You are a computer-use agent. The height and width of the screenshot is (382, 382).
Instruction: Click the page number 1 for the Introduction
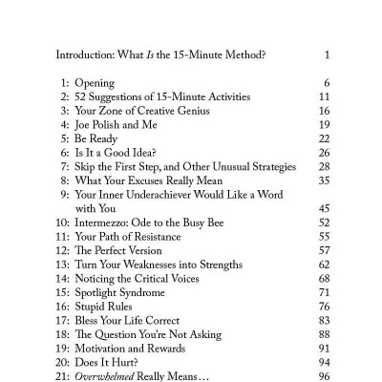pyautogui.click(x=327, y=54)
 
